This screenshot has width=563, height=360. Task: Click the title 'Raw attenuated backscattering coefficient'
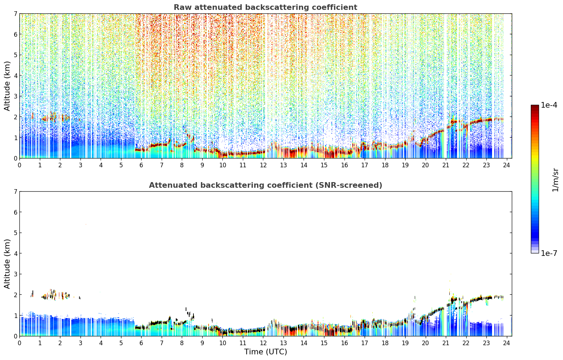click(x=265, y=7)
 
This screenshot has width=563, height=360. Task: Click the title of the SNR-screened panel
click(x=265, y=185)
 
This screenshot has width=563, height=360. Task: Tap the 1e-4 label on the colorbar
click(x=549, y=105)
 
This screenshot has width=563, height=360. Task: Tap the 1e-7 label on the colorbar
click(x=549, y=253)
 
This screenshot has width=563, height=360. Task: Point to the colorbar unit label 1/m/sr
click(x=555, y=180)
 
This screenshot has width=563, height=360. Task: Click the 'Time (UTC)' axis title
click(x=265, y=352)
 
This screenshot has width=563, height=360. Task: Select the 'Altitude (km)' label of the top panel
click(x=7, y=86)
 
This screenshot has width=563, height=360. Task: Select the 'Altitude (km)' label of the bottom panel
click(x=7, y=264)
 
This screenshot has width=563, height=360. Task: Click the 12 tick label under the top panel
click(x=263, y=165)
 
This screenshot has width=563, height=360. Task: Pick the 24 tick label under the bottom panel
click(x=507, y=343)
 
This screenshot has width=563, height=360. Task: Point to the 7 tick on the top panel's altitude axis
click(x=16, y=13)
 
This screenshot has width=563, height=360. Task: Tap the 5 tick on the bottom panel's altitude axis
click(x=16, y=233)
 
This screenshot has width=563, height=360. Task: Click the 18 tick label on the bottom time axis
click(x=385, y=343)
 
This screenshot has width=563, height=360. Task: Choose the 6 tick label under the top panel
click(x=141, y=165)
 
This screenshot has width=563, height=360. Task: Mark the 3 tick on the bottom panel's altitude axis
click(x=16, y=274)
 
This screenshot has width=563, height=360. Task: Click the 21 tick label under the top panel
click(x=445, y=165)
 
